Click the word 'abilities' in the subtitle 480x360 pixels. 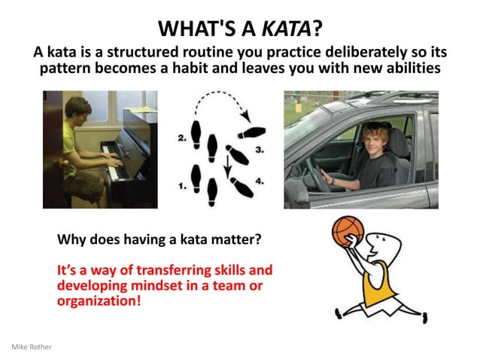(410, 69)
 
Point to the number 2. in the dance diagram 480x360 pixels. (181, 139)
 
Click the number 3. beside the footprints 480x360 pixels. (260, 150)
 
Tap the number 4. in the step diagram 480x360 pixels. (259, 181)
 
